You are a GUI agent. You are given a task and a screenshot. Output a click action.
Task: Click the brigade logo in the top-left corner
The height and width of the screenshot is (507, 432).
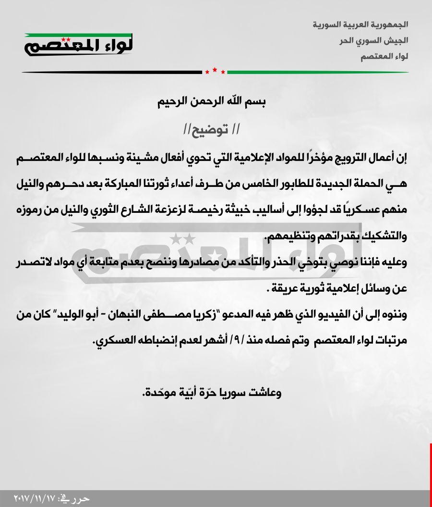pyautogui.click(x=79, y=44)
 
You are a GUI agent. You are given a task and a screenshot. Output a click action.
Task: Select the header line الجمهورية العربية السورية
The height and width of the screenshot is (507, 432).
pyautogui.click(x=360, y=24)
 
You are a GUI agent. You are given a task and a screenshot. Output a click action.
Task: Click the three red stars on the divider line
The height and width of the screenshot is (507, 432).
pyautogui.click(x=215, y=72)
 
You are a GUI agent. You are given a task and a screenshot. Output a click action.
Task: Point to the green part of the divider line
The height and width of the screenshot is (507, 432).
pyautogui.click(x=317, y=73)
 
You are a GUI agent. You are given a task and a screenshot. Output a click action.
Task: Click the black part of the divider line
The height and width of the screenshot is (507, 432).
pyautogui.click(x=110, y=73)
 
